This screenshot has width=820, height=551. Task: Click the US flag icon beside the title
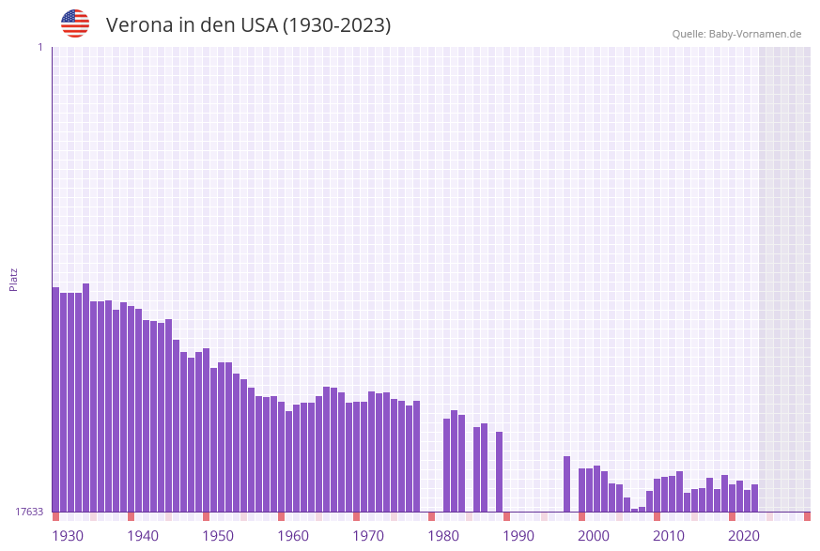pyautogui.click(x=75, y=23)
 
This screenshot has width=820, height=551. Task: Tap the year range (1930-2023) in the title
pyautogui.click(x=336, y=25)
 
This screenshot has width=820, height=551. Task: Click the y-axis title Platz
pyautogui.click(x=14, y=279)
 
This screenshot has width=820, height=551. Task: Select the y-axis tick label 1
pyautogui.click(x=39, y=47)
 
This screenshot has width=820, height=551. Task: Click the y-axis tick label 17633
pyautogui.click(x=29, y=512)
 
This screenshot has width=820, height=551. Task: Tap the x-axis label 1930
pyautogui.click(x=68, y=536)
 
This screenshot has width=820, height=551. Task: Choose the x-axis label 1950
pyautogui.click(x=218, y=536)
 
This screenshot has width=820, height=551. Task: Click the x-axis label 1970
pyautogui.click(x=368, y=536)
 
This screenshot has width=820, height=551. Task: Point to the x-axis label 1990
pyautogui.click(x=518, y=536)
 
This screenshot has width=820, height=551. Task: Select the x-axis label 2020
pyautogui.click(x=744, y=536)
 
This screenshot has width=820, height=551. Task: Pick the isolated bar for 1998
pyautogui.click(x=567, y=483)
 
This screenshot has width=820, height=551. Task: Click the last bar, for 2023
pyautogui.click(x=755, y=497)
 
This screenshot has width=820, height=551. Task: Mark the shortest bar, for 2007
pyautogui.click(x=635, y=510)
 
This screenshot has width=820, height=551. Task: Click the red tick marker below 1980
pyautogui.click(x=432, y=516)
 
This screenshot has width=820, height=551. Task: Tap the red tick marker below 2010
pyautogui.click(x=658, y=516)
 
